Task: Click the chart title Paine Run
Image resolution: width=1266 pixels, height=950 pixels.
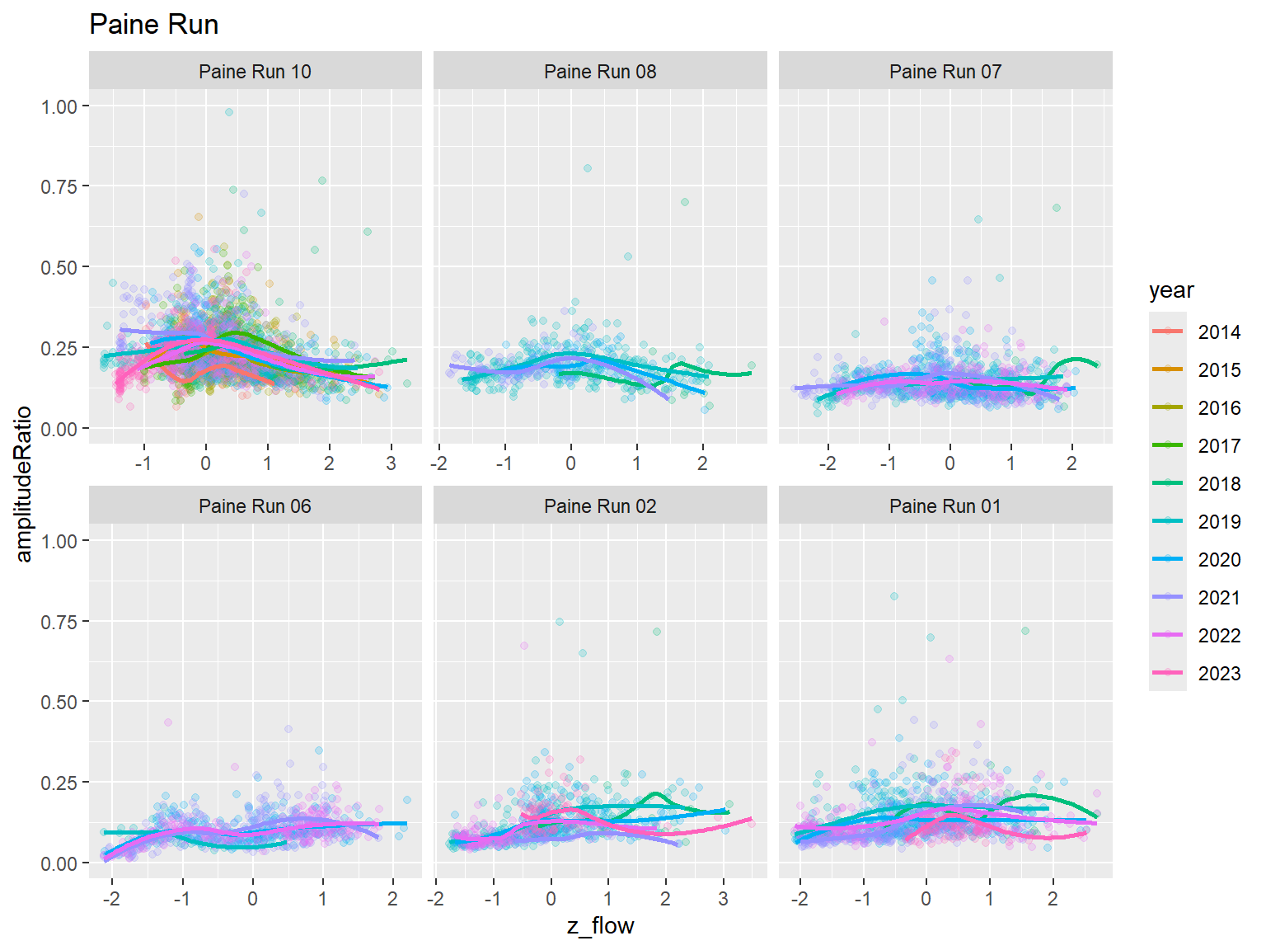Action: pyautogui.click(x=153, y=25)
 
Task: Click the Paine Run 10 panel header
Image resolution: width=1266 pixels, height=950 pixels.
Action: pyautogui.click(x=255, y=72)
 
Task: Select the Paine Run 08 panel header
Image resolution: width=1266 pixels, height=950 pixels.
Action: pyautogui.click(x=600, y=72)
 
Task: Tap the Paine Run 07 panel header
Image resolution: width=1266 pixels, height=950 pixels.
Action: pyautogui.click(x=945, y=72)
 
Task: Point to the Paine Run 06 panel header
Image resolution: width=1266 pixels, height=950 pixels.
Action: pyautogui.click(x=255, y=506)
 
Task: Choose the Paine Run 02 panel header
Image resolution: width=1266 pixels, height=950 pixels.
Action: pyautogui.click(x=600, y=506)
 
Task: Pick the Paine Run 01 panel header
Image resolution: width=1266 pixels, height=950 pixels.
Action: pyautogui.click(x=945, y=506)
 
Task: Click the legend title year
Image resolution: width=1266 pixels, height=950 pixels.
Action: pyautogui.click(x=1170, y=290)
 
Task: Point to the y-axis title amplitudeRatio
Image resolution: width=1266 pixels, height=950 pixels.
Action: pyautogui.click(x=24, y=484)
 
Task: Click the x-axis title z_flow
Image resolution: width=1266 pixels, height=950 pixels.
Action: pyautogui.click(x=600, y=926)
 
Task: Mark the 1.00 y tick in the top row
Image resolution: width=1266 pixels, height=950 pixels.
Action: pyautogui.click(x=59, y=106)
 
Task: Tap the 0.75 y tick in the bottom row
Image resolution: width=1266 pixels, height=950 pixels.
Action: pyautogui.click(x=59, y=621)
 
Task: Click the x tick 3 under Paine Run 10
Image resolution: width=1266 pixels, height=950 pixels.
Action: pyautogui.click(x=391, y=463)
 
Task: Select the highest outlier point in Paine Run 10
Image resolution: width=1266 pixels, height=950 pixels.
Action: pyautogui.click(x=229, y=112)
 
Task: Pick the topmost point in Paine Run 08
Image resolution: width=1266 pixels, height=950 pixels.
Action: pyautogui.click(x=588, y=168)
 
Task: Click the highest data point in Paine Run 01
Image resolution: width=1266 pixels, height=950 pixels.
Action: pyautogui.click(x=894, y=596)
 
